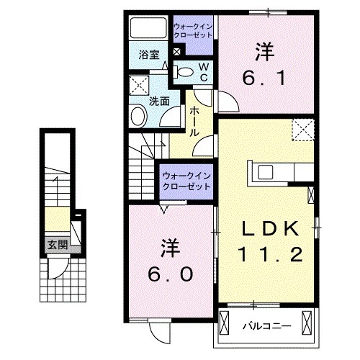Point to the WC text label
(x=204, y=71)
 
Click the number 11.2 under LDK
(x=268, y=253)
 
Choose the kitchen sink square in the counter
(x=264, y=173)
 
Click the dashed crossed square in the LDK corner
(x=302, y=130)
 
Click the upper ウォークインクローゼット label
(x=193, y=32)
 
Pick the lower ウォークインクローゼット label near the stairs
(x=186, y=180)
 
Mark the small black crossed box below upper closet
(x=178, y=51)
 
